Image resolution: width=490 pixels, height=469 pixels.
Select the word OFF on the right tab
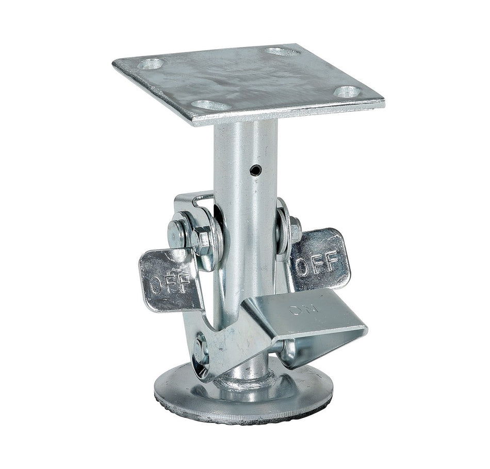(317, 262)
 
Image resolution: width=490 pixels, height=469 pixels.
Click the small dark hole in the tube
(254, 169)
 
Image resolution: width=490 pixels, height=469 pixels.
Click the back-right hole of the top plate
(282, 51)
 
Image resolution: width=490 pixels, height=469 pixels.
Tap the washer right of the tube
(283, 227)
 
